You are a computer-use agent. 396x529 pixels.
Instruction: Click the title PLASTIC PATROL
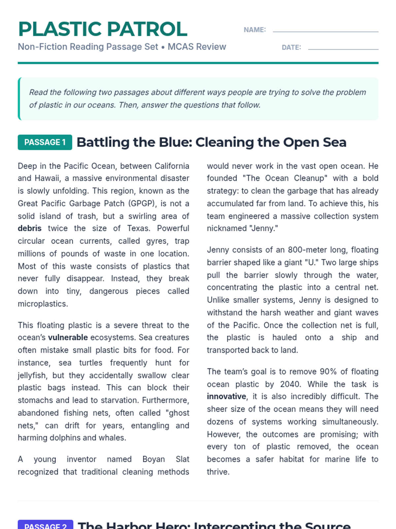pyautogui.click(x=103, y=29)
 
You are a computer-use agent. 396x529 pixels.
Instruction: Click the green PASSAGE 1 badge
pyautogui.click(x=45, y=142)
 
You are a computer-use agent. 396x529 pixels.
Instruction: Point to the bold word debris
pyautogui.click(x=30, y=228)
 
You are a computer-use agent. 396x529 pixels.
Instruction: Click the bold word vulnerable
pyautogui.click(x=68, y=338)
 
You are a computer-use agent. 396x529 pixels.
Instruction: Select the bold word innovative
pyautogui.click(x=226, y=396)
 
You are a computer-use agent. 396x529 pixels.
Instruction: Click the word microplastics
pyautogui.click(x=43, y=304)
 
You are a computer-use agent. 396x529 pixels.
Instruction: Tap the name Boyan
pyautogui.click(x=153, y=459)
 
